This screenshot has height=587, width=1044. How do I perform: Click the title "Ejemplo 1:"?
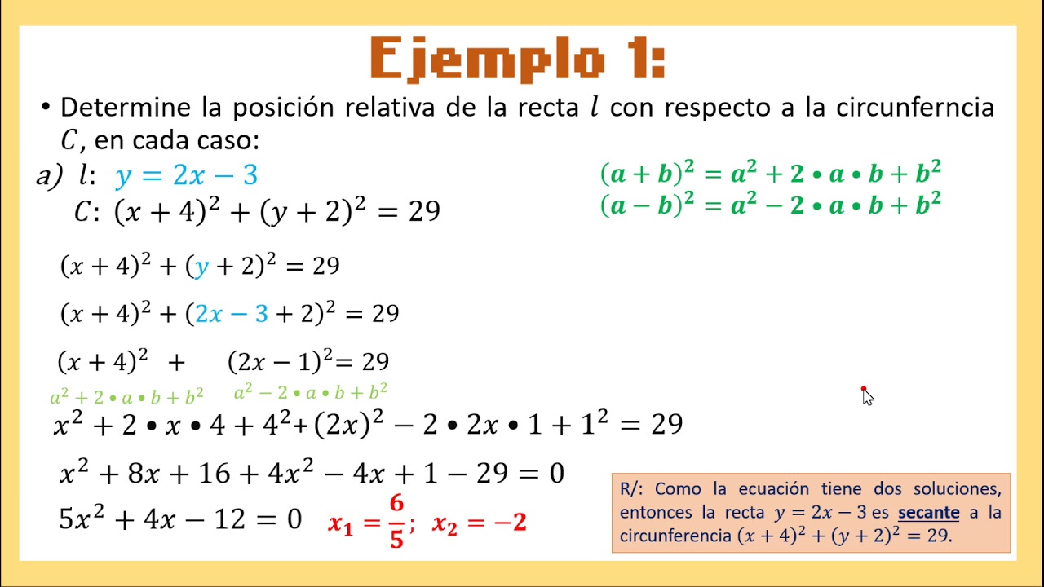tap(517, 59)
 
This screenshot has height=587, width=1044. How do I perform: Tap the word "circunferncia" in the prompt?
tap(914, 108)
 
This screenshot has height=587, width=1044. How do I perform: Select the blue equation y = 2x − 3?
tap(187, 175)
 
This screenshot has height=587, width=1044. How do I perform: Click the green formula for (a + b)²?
tap(771, 174)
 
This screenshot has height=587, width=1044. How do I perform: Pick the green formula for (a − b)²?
tap(771, 205)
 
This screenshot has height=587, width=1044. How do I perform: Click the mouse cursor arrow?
tap(867, 397)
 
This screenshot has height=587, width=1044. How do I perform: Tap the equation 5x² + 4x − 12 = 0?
tap(180, 519)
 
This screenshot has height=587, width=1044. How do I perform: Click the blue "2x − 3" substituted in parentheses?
tap(232, 314)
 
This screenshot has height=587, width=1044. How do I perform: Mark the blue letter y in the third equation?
tap(200, 267)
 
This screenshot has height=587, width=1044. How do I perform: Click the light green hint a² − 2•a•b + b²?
tap(310, 393)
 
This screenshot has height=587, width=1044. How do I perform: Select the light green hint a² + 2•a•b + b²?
tap(126, 397)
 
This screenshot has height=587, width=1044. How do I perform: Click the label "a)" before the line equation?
tap(48, 176)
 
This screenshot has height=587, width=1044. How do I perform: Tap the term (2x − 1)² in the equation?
tap(279, 361)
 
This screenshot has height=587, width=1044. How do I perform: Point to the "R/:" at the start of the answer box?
tap(632, 489)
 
